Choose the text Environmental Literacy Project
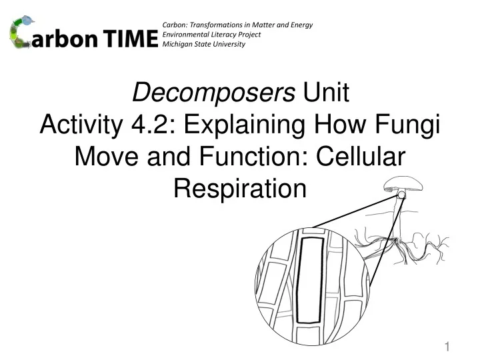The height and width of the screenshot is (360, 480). pyautogui.click(x=211, y=35)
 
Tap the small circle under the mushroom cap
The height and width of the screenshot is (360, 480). pyautogui.click(x=401, y=195)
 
